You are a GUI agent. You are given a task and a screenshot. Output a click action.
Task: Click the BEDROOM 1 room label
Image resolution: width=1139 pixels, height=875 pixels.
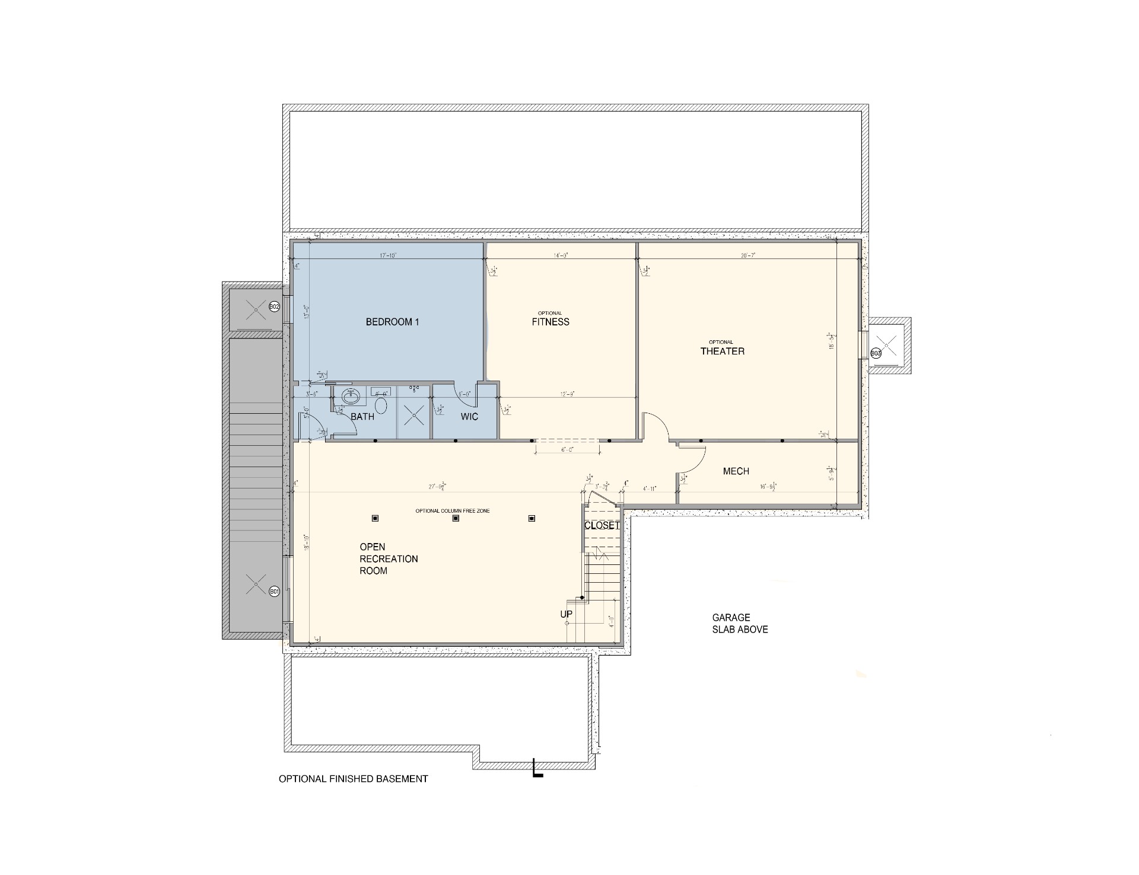coord(392,322)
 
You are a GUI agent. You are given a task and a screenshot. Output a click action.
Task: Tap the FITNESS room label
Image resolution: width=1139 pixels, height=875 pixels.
coord(550,322)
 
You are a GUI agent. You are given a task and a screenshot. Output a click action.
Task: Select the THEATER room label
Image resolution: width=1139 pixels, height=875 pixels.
coord(722,351)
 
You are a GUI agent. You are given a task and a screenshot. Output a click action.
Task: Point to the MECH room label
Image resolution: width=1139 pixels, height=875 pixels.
coord(736,471)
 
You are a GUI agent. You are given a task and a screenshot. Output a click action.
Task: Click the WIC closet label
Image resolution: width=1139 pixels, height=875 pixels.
coord(469,417)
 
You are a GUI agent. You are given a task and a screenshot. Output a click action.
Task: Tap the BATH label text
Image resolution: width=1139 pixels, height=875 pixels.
coord(362,417)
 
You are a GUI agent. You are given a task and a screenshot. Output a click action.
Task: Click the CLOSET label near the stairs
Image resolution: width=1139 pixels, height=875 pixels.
coord(602,526)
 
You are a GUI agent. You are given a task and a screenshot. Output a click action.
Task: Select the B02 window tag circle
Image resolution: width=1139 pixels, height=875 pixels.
coord(274,307)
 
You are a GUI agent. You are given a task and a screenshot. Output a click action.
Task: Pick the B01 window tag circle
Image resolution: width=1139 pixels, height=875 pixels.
coord(274,591)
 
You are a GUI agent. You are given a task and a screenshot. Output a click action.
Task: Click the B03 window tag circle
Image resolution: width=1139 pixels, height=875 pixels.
coord(876,353)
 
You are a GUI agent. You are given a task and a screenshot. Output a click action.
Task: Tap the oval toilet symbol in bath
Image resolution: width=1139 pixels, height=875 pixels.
coord(381,406)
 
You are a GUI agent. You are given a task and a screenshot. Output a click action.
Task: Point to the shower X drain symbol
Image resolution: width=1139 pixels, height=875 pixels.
coord(413,415)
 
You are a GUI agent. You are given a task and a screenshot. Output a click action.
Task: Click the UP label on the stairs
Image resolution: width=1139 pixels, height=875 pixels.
coord(566,614)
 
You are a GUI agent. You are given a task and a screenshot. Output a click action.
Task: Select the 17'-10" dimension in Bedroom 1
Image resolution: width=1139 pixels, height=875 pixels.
coord(387,256)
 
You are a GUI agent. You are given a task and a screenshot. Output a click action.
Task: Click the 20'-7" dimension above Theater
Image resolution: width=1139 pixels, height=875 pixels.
coord(747,256)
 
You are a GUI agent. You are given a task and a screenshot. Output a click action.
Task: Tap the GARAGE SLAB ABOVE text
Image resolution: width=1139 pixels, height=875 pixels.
coord(740,624)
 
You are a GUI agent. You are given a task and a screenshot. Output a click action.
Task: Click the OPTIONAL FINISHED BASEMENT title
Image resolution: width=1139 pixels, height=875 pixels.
coord(353,779)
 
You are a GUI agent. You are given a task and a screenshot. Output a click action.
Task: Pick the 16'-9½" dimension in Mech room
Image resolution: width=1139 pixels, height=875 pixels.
coord(768,487)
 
